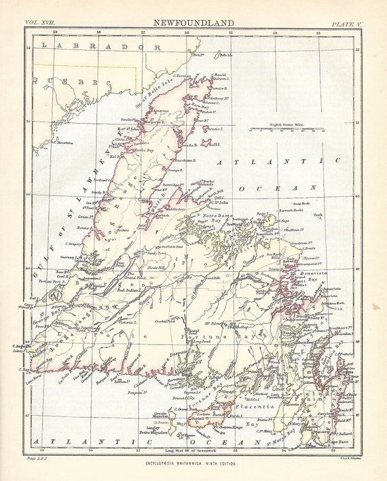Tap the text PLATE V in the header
(x=348, y=24)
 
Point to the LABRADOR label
(x=100, y=47)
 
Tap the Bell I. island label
(x=214, y=145)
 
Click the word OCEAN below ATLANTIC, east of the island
(x=276, y=187)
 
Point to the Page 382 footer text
(x=37, y=460)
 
